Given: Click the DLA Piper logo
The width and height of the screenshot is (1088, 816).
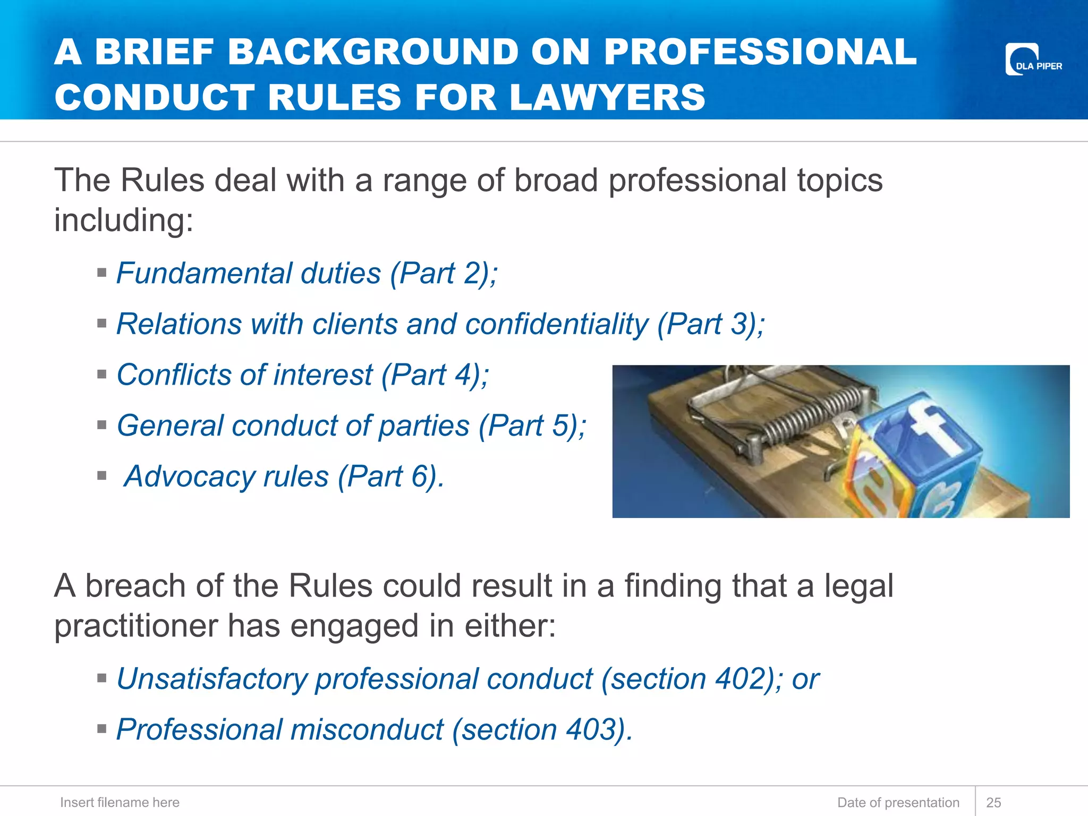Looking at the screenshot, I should pyautogui.click(x=1033, y=59).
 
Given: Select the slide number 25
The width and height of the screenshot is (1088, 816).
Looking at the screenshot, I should pyautogui.click(x=993, y=802).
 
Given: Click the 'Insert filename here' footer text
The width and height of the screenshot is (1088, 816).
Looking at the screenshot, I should pyautogui.click(x=120, y=802).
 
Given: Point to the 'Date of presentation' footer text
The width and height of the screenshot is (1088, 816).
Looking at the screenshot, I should pyautogui.click(x=898, y=802).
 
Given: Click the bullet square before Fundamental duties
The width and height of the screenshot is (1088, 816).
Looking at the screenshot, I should pyautogui.click(x=102, y=273).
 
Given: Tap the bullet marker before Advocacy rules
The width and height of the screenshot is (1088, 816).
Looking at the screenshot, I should pyautogui.click(x=102, y=475).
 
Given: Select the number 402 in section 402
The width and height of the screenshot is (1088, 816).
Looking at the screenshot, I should pyautogui.click(x=739, y=679).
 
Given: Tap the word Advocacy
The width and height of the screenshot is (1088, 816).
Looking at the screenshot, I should pyautogui.click(x=189, y=476).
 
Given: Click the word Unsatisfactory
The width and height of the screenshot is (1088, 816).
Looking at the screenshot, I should pyautogui.click(x=211, y=679).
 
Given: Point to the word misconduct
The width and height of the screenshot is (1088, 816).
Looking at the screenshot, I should pyautogui.click(x=367, y=729).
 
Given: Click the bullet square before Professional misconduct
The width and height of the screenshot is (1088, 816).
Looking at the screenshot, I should pyautogui.click(x=102, y=728).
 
